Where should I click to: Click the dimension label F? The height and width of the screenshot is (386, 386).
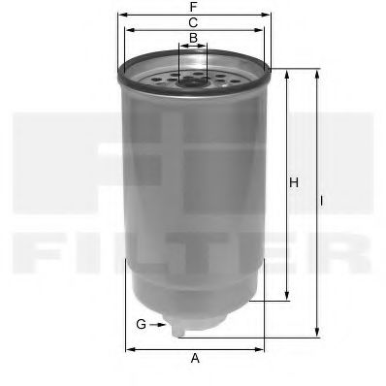(x=195, y=6)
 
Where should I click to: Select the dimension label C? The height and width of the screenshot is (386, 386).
(x=194, y=22)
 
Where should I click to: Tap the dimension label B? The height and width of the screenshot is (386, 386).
(x=194, y=39)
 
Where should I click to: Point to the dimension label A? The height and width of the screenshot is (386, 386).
(x=195, y=359)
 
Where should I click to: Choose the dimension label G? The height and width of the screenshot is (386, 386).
(x=141, y=323)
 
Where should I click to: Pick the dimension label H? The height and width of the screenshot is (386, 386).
(x=293, y=182)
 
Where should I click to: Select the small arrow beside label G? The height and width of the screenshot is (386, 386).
(x=160, y=323)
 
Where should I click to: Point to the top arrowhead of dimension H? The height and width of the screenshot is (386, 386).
(x=287, y=73)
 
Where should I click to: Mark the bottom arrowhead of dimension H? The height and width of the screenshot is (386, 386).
(x=287, y=299)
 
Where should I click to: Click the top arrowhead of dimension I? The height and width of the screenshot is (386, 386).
(x=317, y=73)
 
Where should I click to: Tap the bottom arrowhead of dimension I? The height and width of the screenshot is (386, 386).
(x=317, y=335)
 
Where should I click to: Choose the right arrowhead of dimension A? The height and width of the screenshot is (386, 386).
(x=262, y=348)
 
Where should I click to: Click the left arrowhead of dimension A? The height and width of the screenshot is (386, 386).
(x=128, y=348)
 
